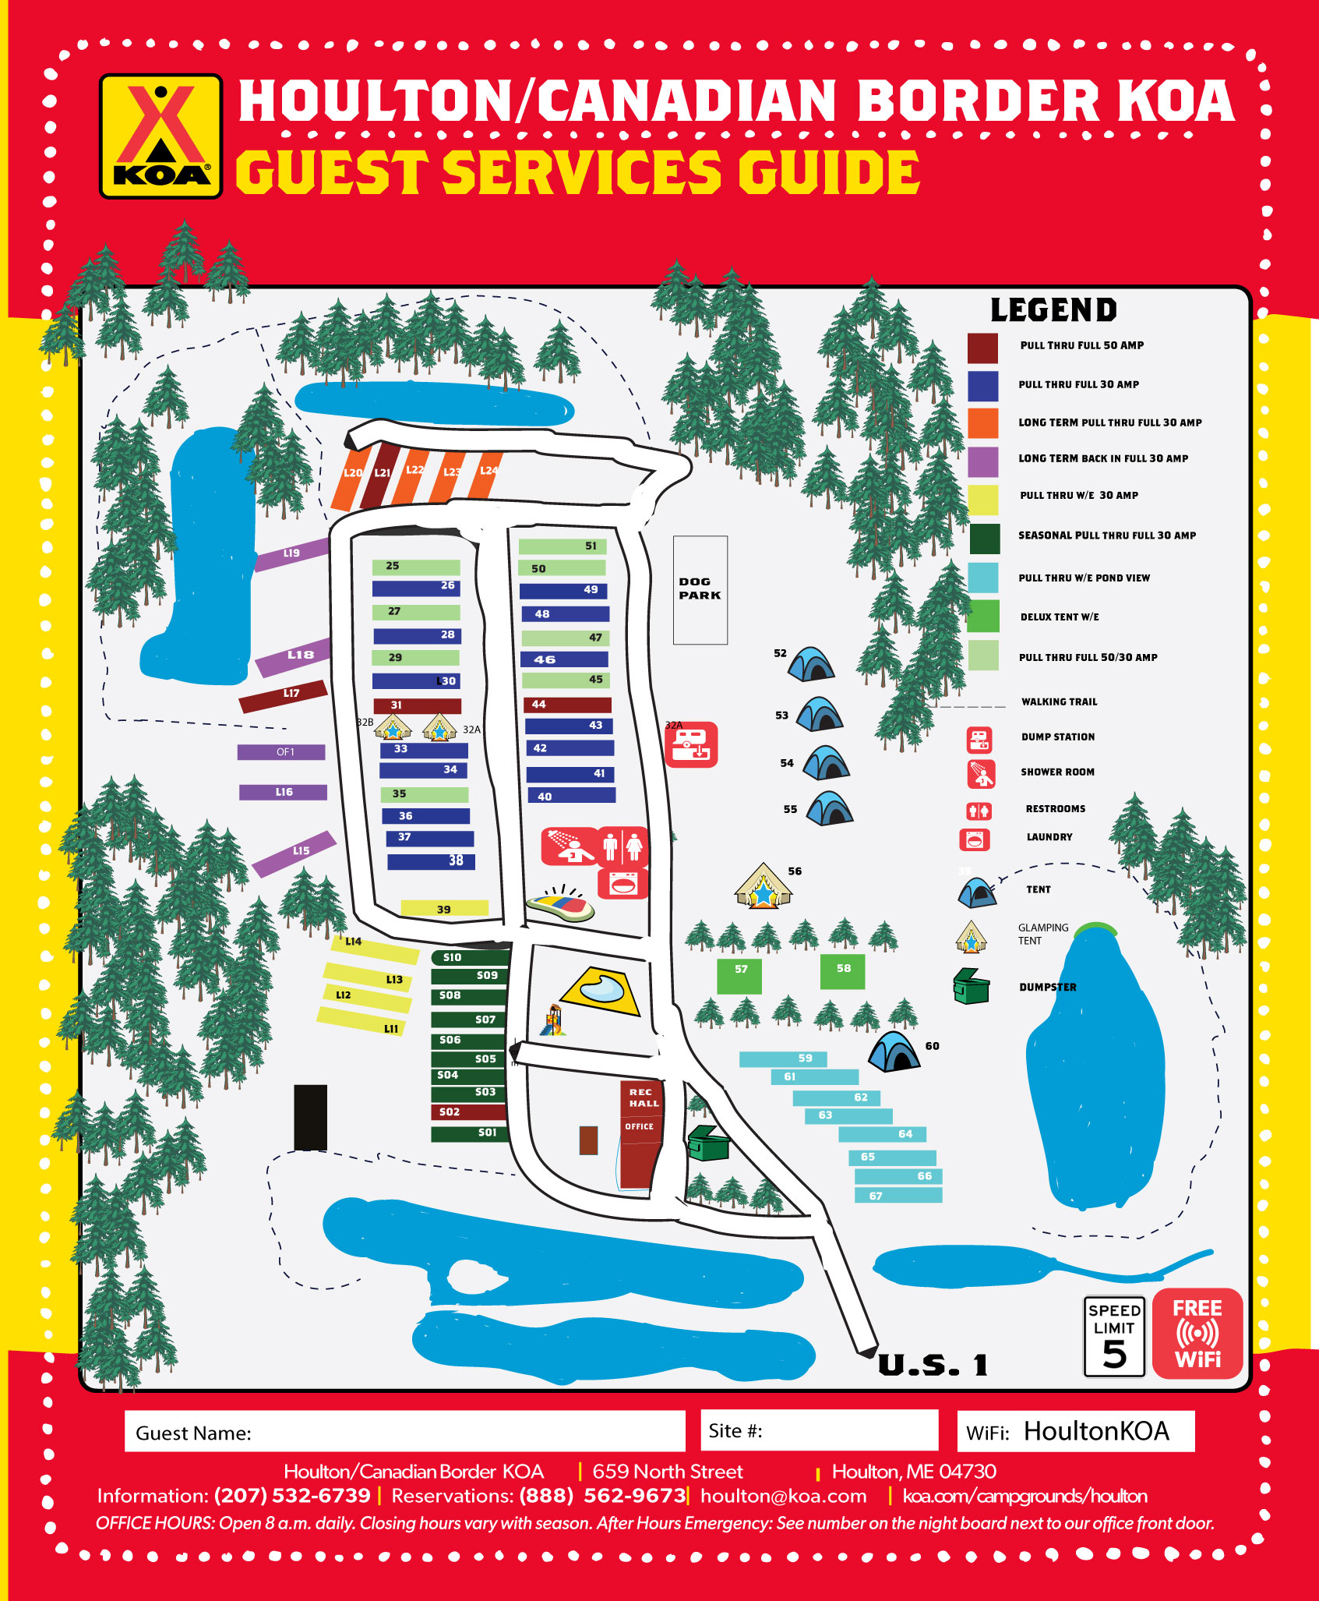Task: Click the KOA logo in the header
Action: (160, 136)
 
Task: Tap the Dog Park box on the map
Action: (700, 589)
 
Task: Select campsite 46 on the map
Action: (564, 659)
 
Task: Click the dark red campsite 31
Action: (418, 705)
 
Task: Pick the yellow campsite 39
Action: (444, 908)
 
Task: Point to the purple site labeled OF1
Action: (281, 752)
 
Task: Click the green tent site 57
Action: (739, 976)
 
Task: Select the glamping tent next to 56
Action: (763, 886)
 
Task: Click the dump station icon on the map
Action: (691, 745)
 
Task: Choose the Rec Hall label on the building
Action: (644, 1097)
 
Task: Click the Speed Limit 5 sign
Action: (1114, 1336)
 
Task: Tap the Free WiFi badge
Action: (1197, 1334)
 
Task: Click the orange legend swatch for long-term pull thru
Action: (982, 422)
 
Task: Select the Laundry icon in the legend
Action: (974, 839)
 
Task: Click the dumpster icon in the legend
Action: (971, 986)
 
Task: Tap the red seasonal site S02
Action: (468, 1112)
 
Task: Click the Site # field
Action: (819, 1430)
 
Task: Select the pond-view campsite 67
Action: (898, 1195)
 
